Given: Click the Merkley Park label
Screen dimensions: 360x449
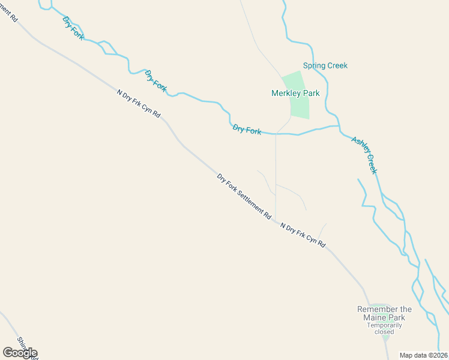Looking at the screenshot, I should point(295,93).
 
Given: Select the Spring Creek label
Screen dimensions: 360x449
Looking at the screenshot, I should point(325,65).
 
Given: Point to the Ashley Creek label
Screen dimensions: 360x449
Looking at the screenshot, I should point(364,155).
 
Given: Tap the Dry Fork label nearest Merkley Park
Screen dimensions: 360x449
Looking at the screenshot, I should point(247,129).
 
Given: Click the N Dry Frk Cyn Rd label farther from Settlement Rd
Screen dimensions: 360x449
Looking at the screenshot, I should point(139,103).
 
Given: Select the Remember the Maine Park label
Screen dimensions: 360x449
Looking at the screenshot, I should point(385,313).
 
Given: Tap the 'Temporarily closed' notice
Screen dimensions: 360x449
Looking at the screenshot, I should point(384,328).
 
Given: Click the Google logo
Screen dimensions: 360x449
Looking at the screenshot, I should point(20,353).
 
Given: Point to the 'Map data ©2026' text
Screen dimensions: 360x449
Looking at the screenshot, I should point(423,355).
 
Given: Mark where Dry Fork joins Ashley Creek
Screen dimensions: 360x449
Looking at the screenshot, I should point(339,127).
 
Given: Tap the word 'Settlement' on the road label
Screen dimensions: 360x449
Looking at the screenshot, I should point(252,203).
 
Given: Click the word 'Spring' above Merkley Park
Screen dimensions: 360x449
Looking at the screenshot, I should point(315,65).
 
